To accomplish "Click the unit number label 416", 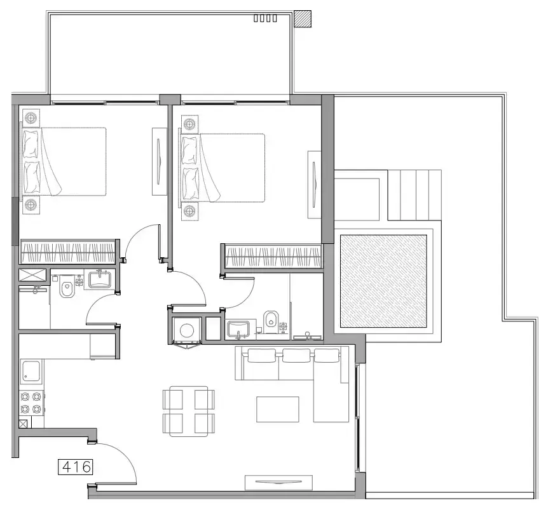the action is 76,467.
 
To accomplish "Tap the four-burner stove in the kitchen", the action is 31,403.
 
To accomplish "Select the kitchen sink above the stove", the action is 31,372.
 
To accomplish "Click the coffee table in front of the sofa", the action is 277,409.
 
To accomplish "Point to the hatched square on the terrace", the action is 383,281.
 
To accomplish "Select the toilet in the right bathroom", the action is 270,322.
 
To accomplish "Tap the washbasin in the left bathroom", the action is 100,279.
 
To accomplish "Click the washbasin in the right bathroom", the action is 238,329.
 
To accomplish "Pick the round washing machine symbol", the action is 187,330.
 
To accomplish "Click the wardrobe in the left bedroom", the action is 68,252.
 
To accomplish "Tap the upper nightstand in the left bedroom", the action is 31,117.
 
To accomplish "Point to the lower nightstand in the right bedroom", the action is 189,211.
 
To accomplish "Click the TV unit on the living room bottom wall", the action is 278,482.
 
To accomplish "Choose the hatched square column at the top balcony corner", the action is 303,18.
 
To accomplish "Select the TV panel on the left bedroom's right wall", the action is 160,161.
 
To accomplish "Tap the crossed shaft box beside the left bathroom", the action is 32,275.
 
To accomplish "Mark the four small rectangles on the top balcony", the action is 265,18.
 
